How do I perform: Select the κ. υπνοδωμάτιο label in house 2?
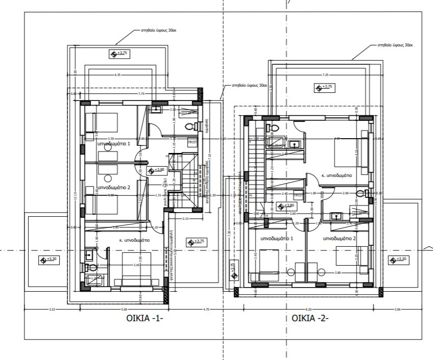(x=337, y=175)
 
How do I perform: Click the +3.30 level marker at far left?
(x=49, y=260)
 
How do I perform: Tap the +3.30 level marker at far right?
(x=398, y=260)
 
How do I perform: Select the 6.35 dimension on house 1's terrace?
(x=118, y=75)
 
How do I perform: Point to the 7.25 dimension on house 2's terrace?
(x=325, y=75)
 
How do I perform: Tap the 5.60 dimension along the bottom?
(x=124, y=309)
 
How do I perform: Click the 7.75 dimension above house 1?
(x=141, y=94)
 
